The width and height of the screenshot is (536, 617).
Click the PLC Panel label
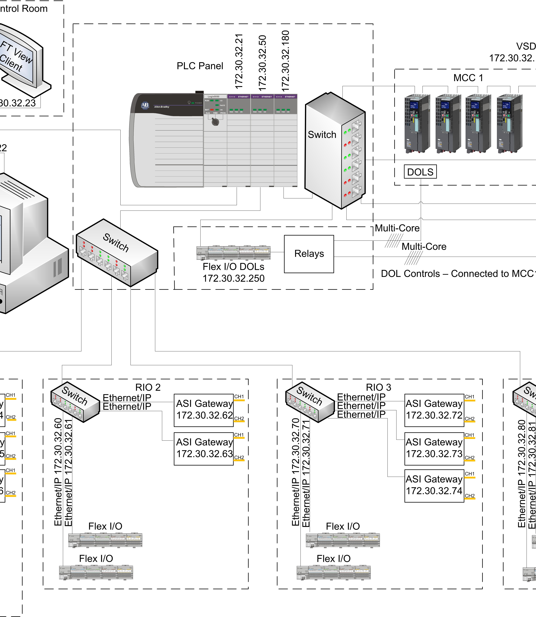[x=200, y=66]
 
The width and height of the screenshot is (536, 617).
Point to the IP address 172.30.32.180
[x=286, y=61]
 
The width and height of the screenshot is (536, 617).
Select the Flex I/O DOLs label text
[x=233, y=266]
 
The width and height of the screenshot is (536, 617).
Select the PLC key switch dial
[x=215, y=121]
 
